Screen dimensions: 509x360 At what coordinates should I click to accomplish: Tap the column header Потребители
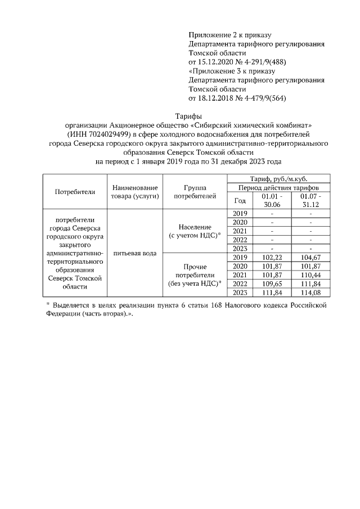75,191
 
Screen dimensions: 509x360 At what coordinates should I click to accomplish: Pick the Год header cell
240,201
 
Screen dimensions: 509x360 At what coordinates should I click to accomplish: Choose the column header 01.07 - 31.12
310,201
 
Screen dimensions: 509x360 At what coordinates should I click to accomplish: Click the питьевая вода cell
134,253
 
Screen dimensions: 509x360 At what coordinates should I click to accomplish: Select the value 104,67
310,258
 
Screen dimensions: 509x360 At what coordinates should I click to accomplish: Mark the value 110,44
310,274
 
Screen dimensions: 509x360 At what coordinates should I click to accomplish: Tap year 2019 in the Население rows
240,213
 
